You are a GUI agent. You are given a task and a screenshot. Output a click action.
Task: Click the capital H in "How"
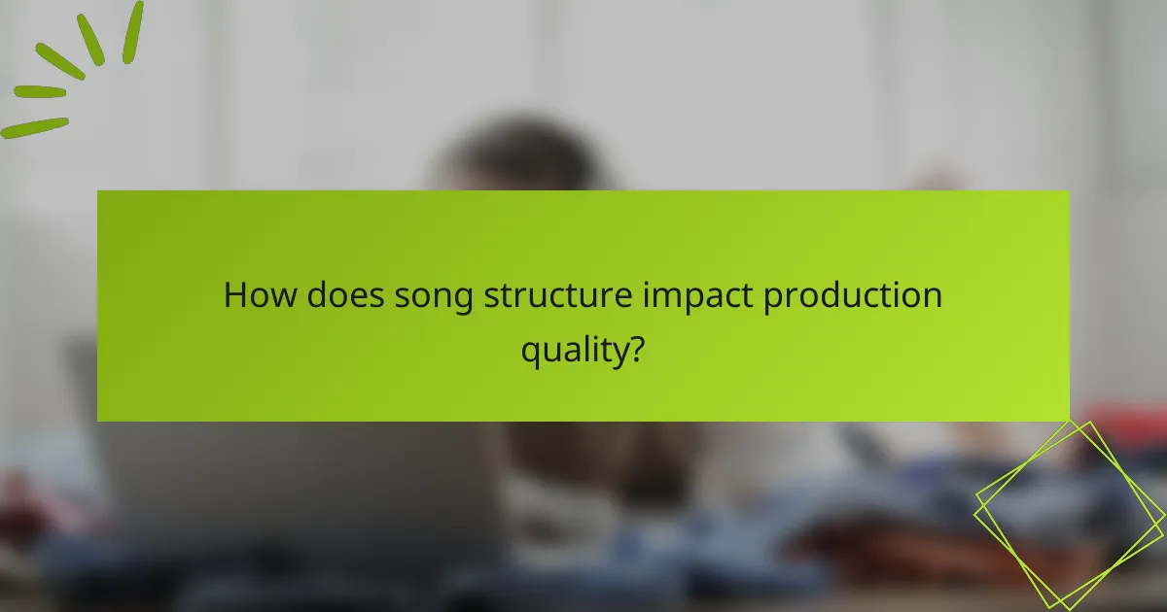pyautogui.click(x=234, y=295)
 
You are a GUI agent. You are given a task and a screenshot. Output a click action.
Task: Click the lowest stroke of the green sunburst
pyautogui.click(x=34, y=127)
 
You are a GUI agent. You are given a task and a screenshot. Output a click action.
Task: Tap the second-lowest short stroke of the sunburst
pyautogui.click(x=39, y=92)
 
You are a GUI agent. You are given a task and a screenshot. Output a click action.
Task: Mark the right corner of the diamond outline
pyautogui.click(x=1163, y=516)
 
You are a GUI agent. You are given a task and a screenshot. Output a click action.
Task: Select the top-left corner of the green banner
pyautogui.click(x=98, y=191)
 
